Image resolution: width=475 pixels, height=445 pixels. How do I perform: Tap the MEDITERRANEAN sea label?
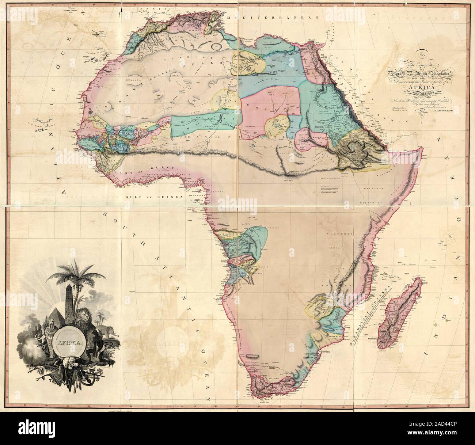(x=268, y=18)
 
